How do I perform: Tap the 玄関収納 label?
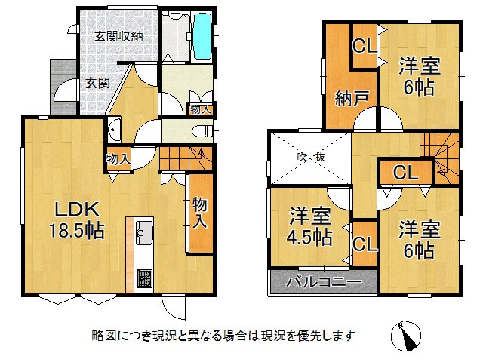pyautogui.click(x=118, y=35)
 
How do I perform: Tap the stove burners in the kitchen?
pyautogui.click(x=144, y=280)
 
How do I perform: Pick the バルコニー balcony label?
pyautogui.click(x=323, y=283)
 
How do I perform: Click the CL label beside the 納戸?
pyautogui.click(x=365, y=46)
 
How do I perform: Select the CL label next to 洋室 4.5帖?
pyautogui.click(x=365, y=244)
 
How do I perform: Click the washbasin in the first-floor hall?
pyautogui.click(x=114, y=130)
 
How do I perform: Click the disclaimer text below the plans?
pyautogui.click(x=222, y=334)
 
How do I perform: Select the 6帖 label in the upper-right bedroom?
pyautogui.click(x=417, y=87)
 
